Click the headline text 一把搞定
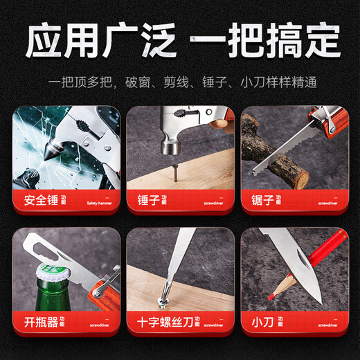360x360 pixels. point(264,40)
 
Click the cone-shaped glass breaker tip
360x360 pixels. point(56,147)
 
